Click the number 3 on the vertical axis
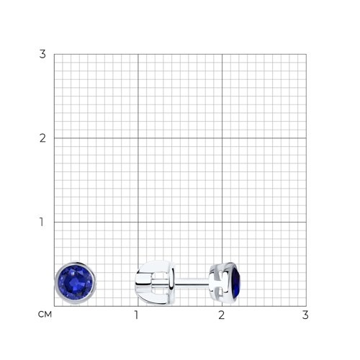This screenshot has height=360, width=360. (x=42, y=54)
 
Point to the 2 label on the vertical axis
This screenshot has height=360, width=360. (x=42, y=138)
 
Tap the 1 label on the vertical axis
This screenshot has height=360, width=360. (x=42, y=222)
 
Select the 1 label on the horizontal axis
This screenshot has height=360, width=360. (x=137, y=315)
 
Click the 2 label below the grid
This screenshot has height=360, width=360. (x=221, y=315)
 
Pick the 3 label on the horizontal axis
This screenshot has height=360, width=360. (x=305, y=315)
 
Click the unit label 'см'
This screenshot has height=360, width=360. (x=45, y=315)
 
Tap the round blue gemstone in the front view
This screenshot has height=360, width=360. (x=76, y=283)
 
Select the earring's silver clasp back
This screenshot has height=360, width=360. (x=155, y=282)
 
